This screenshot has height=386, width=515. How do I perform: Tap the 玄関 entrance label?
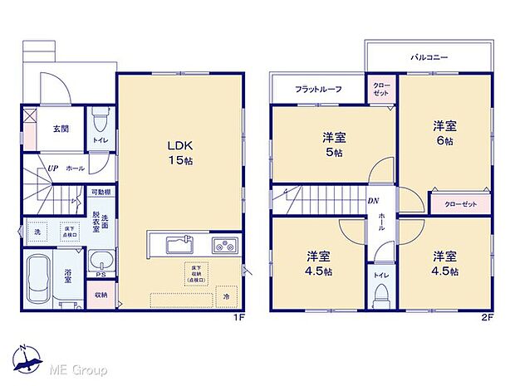tap(61, 129)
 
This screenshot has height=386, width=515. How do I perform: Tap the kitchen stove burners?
tap(223, 244)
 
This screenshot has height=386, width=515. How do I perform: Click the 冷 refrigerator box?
tap(225, 296)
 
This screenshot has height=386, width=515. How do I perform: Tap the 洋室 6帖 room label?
tap(443, 133)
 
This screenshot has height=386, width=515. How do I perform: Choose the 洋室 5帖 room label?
tap(334, 145)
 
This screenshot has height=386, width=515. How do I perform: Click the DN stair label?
tap(375, 202)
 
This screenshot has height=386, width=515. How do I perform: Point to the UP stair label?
tap(51, 167)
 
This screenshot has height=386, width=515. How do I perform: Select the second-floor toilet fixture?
tap(382, 292)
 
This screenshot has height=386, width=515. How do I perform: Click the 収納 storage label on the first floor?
tap(101, 294)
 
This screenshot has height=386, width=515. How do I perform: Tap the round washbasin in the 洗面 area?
tap(98, 259)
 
